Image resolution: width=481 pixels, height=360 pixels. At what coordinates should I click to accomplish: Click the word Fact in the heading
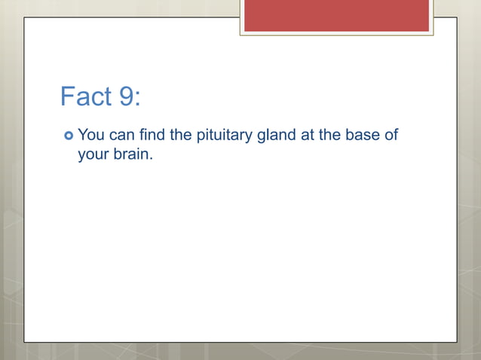[x=85, y=97]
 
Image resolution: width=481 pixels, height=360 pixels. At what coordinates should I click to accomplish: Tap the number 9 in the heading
[x=126, y=97]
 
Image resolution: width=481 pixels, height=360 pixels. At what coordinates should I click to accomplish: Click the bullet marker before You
[x=68, y=136]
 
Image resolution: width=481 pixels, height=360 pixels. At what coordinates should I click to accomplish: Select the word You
[x=91, y=136]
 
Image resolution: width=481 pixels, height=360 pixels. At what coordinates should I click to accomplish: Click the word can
[x=123, y=136]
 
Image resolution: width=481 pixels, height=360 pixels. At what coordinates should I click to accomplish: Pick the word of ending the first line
[x=391, y=136]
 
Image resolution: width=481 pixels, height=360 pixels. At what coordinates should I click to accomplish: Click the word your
[x=93, y=156]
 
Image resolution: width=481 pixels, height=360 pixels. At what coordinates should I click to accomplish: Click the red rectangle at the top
[x=336, y=15]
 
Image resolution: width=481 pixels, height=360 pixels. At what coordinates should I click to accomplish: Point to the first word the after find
[x=181, y=136]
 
